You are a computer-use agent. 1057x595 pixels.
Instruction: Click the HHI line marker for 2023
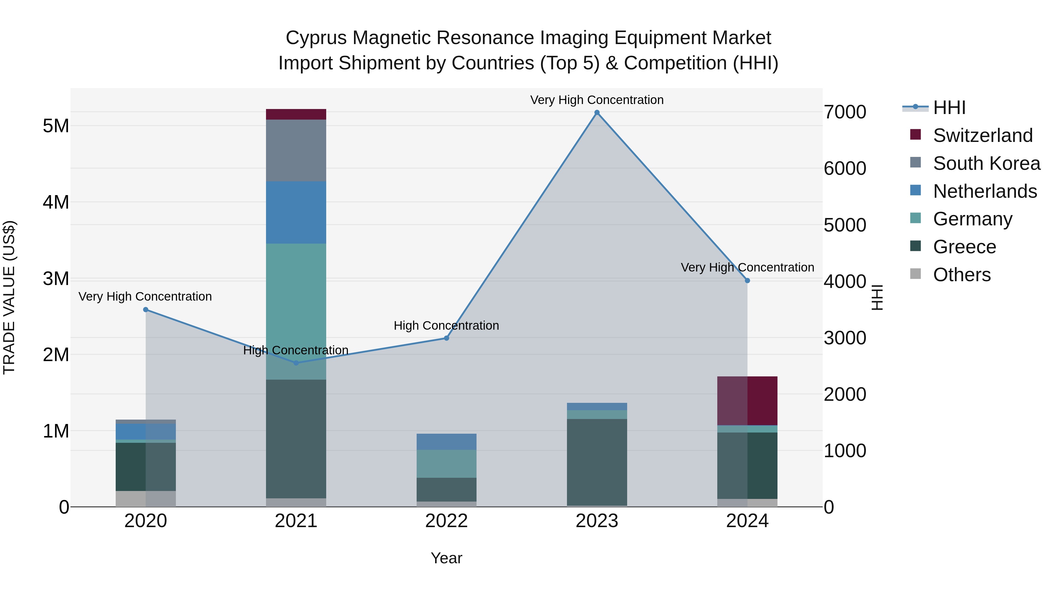[x=597, y=113]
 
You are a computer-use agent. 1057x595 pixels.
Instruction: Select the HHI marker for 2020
[x=146, y=310]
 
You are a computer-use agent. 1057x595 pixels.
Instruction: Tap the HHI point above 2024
[x=747, y=281]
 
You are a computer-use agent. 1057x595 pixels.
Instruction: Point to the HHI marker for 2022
[x=446, y=338]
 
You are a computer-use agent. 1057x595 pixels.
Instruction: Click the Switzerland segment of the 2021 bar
[x=296, y=114]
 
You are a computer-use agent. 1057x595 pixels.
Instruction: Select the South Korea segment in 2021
[x=296, y=150]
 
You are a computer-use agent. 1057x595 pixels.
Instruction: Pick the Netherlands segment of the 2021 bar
[x=296, y=212]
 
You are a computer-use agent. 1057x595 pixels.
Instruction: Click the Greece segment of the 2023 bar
[x=597, y=462]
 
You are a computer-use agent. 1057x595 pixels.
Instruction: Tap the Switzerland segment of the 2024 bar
[x=747, y=400]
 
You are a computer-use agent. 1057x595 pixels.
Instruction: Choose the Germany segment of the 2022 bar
[x=446, y=464]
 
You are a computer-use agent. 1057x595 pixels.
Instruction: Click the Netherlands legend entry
[x=985, y=191]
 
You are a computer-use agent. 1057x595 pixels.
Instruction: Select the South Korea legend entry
[x=987, y=163]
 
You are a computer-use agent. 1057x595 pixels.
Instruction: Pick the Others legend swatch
[x=915, y=274]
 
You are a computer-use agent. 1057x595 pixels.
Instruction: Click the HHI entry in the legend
[x=949, y=108]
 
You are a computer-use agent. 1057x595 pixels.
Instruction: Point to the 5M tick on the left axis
[x=56, y=126]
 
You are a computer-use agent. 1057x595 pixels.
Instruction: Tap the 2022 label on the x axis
[x=446, y=521]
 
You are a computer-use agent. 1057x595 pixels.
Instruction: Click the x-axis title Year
[x=446, y=558]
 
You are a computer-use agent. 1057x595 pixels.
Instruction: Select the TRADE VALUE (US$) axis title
[x=9, y=297]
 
